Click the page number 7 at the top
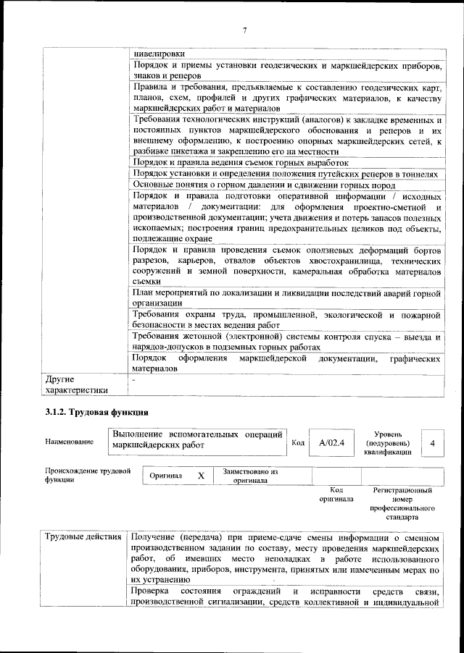tap(244, 30)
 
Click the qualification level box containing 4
tap(433, 442)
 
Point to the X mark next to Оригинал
tap(201, 476)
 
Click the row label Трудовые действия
tap(83, 536)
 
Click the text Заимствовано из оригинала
tap(249, 476)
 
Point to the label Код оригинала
tap(336, 494)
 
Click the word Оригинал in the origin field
tap(165, 476)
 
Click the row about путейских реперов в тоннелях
tap(286, 174)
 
